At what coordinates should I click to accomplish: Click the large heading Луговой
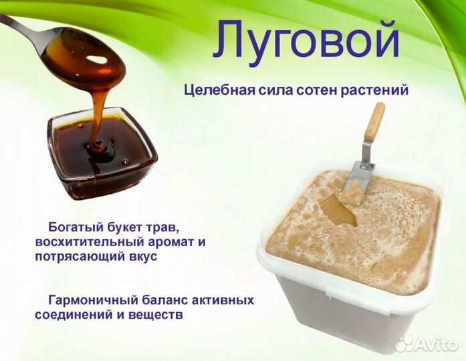[x=306, y=39]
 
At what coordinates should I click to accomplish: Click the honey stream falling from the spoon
[x=100, y=114]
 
